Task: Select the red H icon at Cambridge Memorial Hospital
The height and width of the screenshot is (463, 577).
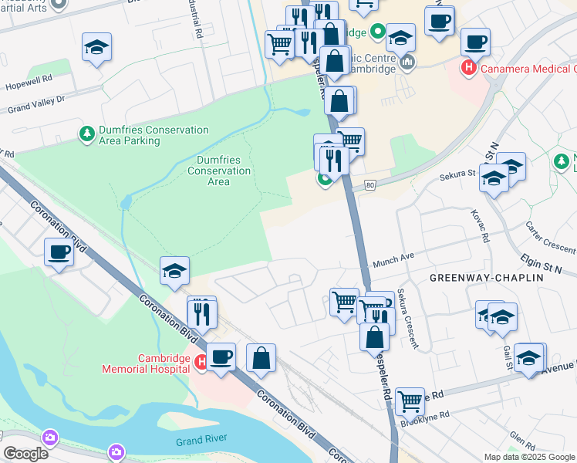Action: (x=200, y=361)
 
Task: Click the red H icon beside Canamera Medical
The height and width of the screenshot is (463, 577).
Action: (x=467, y=69)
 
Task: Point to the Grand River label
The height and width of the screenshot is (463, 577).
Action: (x=200, y=441)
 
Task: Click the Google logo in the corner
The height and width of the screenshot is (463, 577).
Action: (x=25, y=454)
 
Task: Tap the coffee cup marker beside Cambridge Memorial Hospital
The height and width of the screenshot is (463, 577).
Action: (x=221, y=357)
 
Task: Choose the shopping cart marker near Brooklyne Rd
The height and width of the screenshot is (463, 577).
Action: (x=410, y=401)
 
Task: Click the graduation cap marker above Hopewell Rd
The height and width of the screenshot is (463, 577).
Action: (x=97, y=47)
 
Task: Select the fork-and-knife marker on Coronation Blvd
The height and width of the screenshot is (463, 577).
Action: (x=202, y=313)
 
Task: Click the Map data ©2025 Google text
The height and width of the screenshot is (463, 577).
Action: (x=529, y=457)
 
